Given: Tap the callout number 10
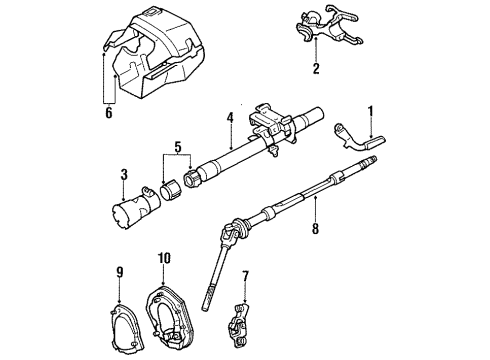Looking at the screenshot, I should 164,260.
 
